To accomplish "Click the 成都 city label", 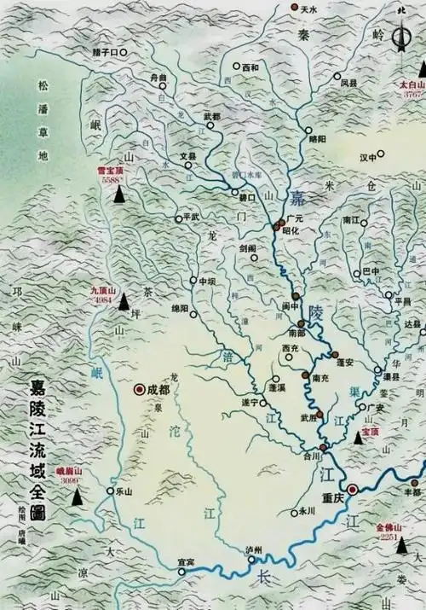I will (159, 389).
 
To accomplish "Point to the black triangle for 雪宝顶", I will (119, 195).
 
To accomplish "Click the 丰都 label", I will (412, 491).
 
